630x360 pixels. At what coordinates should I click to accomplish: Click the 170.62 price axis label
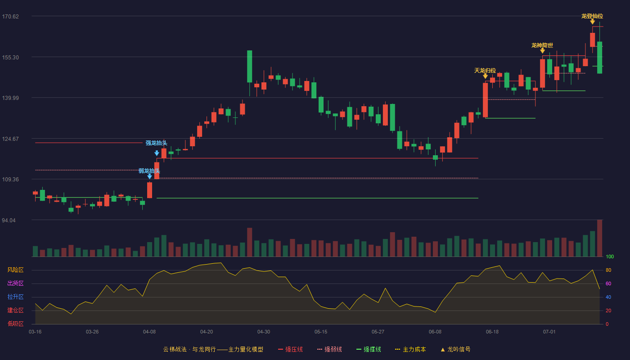[10, 17]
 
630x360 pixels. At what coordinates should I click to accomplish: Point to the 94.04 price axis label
[9, 220]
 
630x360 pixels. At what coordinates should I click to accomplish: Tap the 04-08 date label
[149, 332]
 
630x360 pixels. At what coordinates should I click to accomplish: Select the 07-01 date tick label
[549, 332]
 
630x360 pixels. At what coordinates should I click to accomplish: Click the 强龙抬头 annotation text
[157, 143]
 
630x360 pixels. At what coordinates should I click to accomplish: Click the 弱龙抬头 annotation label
[149, 171]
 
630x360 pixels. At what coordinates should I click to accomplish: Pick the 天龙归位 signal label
[485, 70]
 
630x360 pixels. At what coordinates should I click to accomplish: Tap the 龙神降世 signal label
[542, 45]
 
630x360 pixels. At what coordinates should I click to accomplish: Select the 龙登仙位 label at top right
[592, 16]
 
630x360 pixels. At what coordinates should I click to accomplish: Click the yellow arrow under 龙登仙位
[593, 22]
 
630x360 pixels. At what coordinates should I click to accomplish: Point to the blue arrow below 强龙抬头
[157, 153]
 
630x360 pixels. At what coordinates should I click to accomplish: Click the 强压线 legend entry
[291, 349]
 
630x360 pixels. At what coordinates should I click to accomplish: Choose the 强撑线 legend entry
[369, 349]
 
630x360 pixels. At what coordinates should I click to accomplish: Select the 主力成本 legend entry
[410, 349]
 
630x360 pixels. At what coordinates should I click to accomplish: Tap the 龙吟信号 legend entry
[455, 349]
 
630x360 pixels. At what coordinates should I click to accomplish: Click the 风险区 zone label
[15, 270]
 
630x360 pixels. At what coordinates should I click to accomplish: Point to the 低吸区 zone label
[15, 324]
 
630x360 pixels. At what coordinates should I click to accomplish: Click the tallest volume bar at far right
[599, 238]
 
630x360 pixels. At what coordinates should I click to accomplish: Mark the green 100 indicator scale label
[610, 256]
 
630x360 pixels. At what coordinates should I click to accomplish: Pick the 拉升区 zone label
[15, 297]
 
